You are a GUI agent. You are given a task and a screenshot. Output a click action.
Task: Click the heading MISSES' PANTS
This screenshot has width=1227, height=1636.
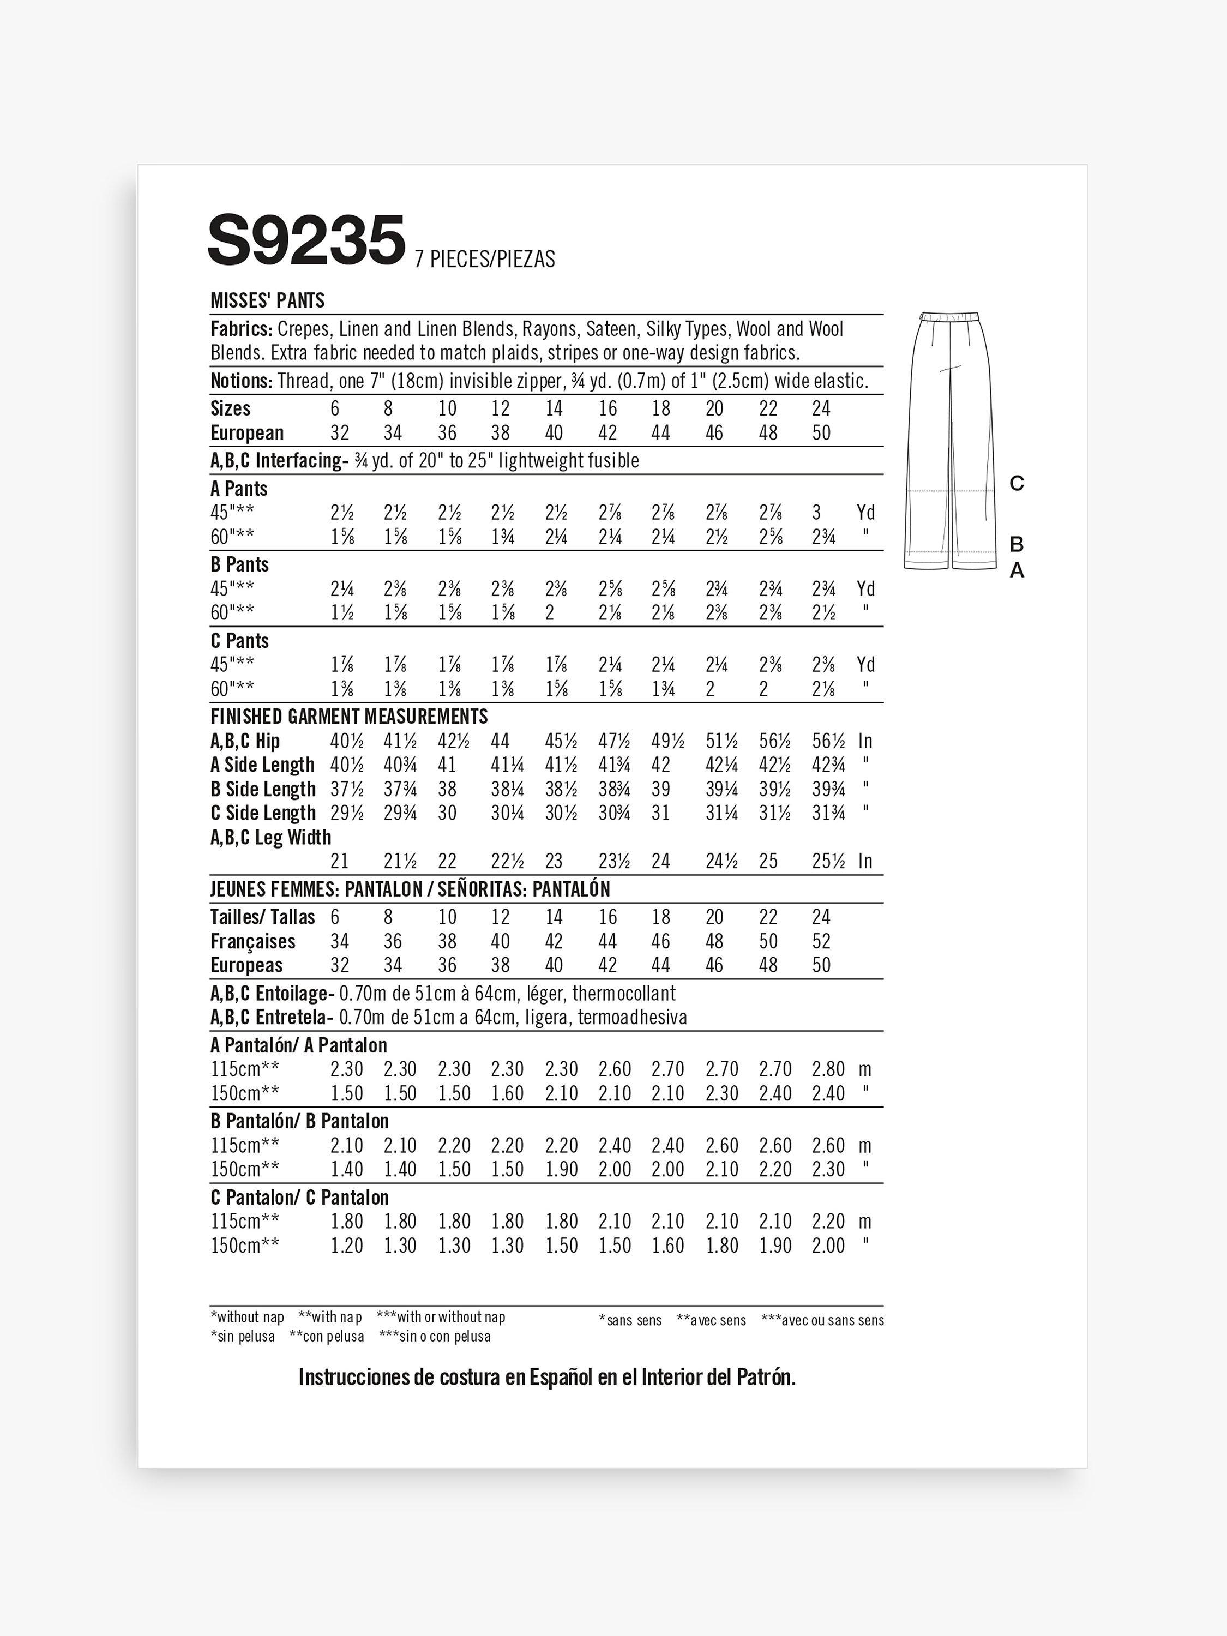pyautogui.click(x=268, y=300)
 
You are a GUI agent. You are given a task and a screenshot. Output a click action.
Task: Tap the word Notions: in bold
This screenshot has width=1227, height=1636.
pyautogui.click(x=242, y=381)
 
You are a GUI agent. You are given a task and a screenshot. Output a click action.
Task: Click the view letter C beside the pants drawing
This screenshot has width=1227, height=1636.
pyautogui.click(x=1017, y=484)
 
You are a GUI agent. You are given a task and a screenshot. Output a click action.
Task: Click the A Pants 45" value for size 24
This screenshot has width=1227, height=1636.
pyautogui.click(x=816, y=513)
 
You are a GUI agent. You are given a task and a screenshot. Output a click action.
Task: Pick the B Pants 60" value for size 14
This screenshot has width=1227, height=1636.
pyautogui.click(x=550, y=613)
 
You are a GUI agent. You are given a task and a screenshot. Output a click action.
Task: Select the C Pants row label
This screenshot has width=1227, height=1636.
pyautogui.click(x=239, y=641)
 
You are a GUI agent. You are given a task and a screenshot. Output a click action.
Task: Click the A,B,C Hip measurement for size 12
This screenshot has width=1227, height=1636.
pyautogui.click(x=501, y=741)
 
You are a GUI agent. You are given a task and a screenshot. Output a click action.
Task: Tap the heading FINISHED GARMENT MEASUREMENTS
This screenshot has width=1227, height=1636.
pyautogui.click(x=349, y=716)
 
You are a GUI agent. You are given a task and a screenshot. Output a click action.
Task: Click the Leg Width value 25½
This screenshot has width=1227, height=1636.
pyautogui.click(x=828, y=861)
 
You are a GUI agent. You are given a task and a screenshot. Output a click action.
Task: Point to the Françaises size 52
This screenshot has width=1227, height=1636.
pyautogui.click(x=821, y=941)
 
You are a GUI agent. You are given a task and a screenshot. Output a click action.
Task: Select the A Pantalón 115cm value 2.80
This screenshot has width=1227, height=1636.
pyautogui.click(x=828, y=1069)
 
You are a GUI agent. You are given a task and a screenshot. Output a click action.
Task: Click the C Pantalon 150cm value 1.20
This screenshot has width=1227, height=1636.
pyautogui.click(x=346, y=1246)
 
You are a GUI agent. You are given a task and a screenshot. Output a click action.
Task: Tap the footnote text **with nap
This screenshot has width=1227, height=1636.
pyautogui.click(x=330, y=1316)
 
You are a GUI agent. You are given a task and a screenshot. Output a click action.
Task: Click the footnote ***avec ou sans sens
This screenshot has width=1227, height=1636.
pyautogui.click(x=822, y=1320)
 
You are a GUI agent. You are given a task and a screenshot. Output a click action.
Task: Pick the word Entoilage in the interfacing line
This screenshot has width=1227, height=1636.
pyautogui.click(x=291, y=993)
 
